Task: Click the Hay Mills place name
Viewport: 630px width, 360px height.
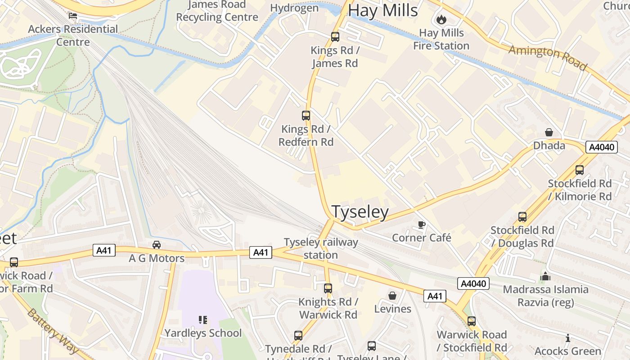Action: [x=383, y=10]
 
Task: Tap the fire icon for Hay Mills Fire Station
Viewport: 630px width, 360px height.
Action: [x=441, y=19]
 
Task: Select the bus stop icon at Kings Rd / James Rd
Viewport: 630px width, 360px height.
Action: [x=335, y=37]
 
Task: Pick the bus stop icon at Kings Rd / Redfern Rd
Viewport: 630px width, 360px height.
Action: [x=306, y=116]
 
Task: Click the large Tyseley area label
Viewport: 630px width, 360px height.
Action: [x=360, y=212]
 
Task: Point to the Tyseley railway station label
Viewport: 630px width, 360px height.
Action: [x=321, y=248]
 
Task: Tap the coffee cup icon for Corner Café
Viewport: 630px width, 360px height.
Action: [x=422, y=225]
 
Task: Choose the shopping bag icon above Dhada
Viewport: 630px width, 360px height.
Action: [x=549, y=132]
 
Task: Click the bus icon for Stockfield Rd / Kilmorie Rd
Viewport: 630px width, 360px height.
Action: [x=580, y=170]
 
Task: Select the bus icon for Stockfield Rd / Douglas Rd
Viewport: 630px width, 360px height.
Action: [x=522, y=217]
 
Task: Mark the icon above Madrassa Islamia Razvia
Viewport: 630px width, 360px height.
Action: [x=546, y=276]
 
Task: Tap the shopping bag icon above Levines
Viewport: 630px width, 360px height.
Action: [x=392, y=296]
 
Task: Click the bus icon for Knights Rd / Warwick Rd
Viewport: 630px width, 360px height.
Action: [x=328, y=288]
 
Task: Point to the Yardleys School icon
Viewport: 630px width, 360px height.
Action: [x=203, y=320]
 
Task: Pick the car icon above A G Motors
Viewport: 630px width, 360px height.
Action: [x=157, y=245]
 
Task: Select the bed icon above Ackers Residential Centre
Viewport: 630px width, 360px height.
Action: [x=73, y=16]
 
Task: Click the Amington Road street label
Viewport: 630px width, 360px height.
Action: [x=548, y=58]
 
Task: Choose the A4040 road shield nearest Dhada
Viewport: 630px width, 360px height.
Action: [x=601, y=147]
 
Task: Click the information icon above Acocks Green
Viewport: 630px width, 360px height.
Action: [x=568, y=338]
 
